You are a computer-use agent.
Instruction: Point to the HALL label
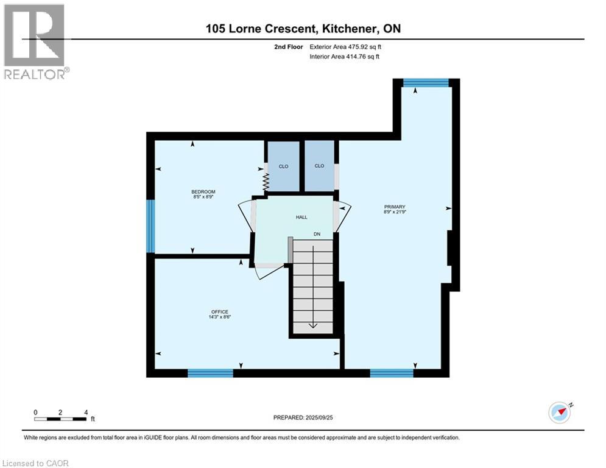coord(301,217)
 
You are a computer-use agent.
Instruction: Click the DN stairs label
coord(317,234)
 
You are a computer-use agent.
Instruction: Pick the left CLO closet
coord(283,166)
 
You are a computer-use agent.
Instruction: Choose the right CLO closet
coord(319,166)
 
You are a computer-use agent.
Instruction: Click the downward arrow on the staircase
coord(312,324)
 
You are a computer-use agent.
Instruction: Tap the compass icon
coord(559,412)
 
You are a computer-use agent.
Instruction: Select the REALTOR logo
coord(35,41)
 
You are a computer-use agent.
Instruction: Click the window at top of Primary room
coord(426,83)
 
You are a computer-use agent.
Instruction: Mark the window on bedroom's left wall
coord(150,225)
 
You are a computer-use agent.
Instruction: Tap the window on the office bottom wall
coord(210,373)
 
